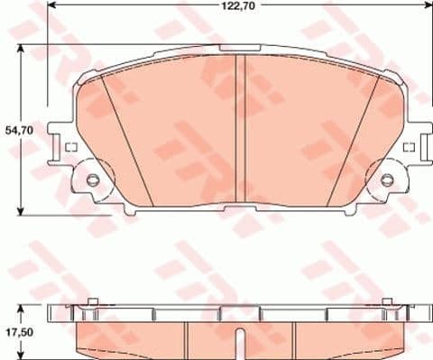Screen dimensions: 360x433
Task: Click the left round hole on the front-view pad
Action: tap(93, 180)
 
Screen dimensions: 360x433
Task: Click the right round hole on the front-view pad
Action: tap(388, 180)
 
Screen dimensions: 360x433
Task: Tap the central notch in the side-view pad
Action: tap(239, 341)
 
